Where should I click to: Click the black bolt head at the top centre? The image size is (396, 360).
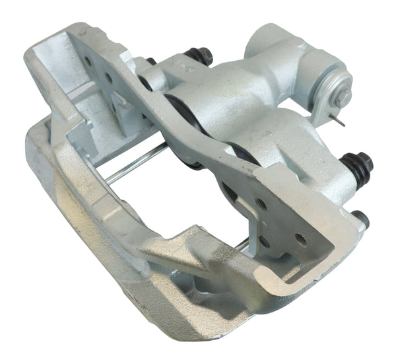197,56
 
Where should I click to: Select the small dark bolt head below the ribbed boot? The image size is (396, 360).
360,217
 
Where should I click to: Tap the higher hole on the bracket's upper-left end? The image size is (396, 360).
88,61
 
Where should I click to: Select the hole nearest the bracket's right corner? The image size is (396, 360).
302,238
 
